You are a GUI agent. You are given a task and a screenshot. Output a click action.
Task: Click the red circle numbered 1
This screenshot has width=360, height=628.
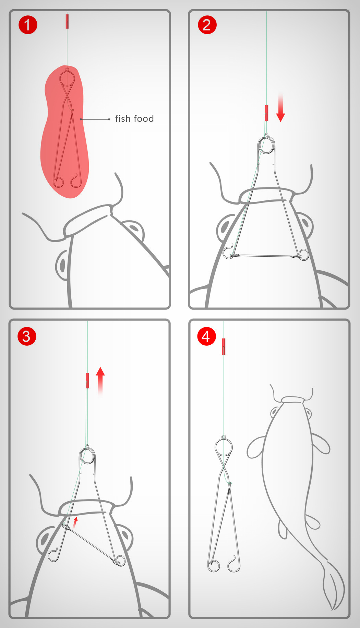pyautogui.click(x=28, y=25)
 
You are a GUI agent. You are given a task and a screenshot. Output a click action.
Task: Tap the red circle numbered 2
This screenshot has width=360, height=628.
pyautogui.click(x=207, y=25)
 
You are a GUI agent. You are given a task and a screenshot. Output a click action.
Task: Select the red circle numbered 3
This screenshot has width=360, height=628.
pyautogui.click(x=27, y=336)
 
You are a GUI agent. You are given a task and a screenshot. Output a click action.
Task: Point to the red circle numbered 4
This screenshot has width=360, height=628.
pyautogui.click(x=206, y=336)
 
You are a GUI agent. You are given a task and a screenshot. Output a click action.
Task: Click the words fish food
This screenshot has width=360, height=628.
pyautogui.click(x=134, y=119)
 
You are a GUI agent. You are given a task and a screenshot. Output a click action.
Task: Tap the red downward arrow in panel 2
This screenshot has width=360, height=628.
pyautogui.click(x=280, y=109)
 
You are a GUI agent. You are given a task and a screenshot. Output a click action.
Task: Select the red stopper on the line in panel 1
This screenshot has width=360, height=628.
pyautogui.click(x=67, y=21)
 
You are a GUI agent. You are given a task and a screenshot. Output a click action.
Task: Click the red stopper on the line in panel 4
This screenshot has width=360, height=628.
pyautogui.click(x=224, y=346)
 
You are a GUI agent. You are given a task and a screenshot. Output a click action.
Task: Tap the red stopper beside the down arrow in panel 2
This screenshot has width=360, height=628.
pyautogui.click(x=266, y=113)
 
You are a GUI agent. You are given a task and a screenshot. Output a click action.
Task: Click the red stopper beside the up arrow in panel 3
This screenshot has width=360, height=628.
pyautogui.click(x=87, y=380)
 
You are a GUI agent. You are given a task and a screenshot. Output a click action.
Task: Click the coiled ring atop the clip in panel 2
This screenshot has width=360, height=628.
pyautogui.click(x=266, y=145)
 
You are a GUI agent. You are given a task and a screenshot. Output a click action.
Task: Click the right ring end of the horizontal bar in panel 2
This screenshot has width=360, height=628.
pyautogui.click(x=303, y=255)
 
